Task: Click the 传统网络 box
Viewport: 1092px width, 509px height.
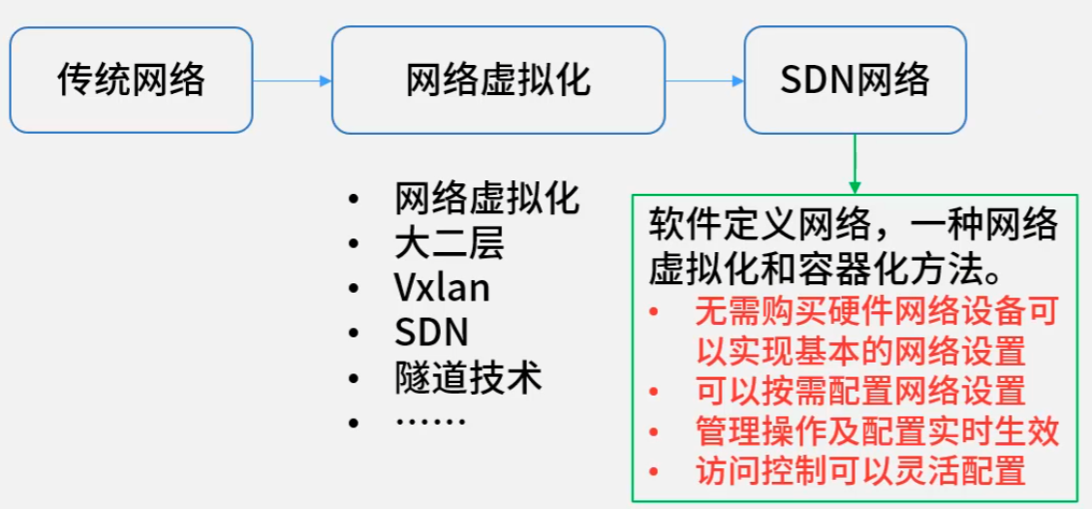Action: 131,80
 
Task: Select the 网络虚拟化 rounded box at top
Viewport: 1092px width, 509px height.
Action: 498,80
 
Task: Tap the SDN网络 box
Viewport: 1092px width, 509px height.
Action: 855,80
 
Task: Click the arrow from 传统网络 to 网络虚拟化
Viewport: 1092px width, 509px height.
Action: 292,80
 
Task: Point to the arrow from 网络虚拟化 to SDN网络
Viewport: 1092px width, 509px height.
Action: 704,80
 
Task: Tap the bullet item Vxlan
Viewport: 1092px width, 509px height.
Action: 442,288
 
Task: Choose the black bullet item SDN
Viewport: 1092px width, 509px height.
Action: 432,333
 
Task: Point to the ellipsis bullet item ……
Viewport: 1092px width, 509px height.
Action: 431,422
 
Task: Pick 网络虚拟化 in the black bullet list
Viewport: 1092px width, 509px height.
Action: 487,199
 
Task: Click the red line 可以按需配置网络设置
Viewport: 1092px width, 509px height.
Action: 860,392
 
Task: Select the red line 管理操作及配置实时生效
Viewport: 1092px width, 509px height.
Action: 877,431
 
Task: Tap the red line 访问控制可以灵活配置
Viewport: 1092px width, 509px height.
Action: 860,471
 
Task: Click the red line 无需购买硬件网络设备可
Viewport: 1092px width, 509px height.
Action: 877,311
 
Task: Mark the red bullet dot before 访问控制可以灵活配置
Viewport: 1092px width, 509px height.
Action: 656,472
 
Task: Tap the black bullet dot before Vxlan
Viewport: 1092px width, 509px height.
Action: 355,289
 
